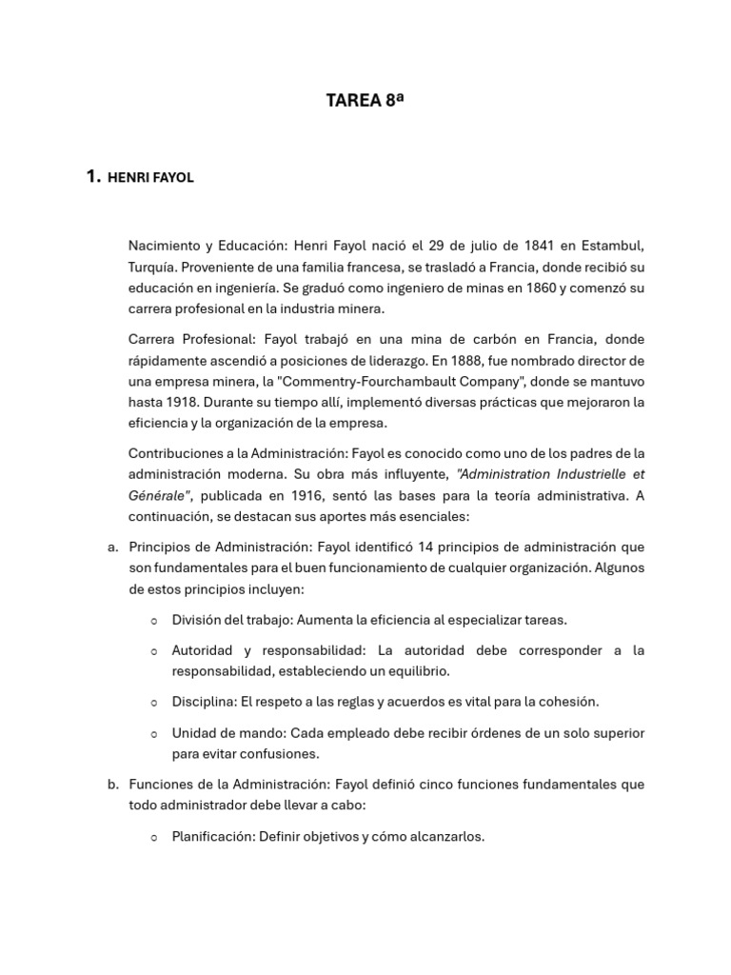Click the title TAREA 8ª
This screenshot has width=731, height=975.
click(x=365, y=100)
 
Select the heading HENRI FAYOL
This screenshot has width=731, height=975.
click(x=151, y=177)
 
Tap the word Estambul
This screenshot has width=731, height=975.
click(x=611, y=246)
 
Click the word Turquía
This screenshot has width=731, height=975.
click(x=154, y=267)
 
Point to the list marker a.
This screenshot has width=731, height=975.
click(x=112, y=547)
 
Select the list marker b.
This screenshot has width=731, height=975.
click(x=112, y=785)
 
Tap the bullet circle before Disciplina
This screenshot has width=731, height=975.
click(x=154, y=703)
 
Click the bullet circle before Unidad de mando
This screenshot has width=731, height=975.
click(x=154, y=734)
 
